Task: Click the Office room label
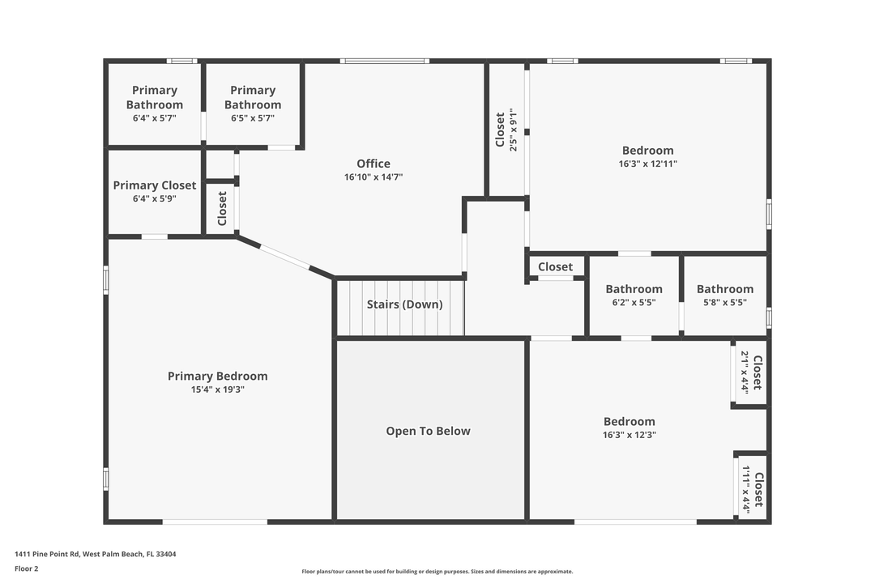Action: [373, 164]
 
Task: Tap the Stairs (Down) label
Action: [404, 304]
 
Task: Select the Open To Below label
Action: [428, 431]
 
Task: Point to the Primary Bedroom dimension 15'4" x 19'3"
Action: [217, 389]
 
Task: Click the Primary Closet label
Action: [155, 185]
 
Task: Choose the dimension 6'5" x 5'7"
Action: [253, 118]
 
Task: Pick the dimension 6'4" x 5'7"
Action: [155, 118]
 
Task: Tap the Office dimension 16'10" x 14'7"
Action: [373, 177]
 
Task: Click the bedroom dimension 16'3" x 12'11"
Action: [647, 164]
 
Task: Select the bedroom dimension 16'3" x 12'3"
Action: [629, 435]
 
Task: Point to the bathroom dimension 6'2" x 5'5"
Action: [634, 302]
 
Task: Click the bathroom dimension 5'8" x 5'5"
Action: [724, 302]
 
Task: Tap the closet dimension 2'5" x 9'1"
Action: [512, 130]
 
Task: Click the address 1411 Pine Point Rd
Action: [96, 555]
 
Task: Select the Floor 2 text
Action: [27, 568]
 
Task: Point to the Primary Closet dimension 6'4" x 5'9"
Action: [155, 198]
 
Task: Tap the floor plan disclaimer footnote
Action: [437, 572]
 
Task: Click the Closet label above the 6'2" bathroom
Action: [555, 266]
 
